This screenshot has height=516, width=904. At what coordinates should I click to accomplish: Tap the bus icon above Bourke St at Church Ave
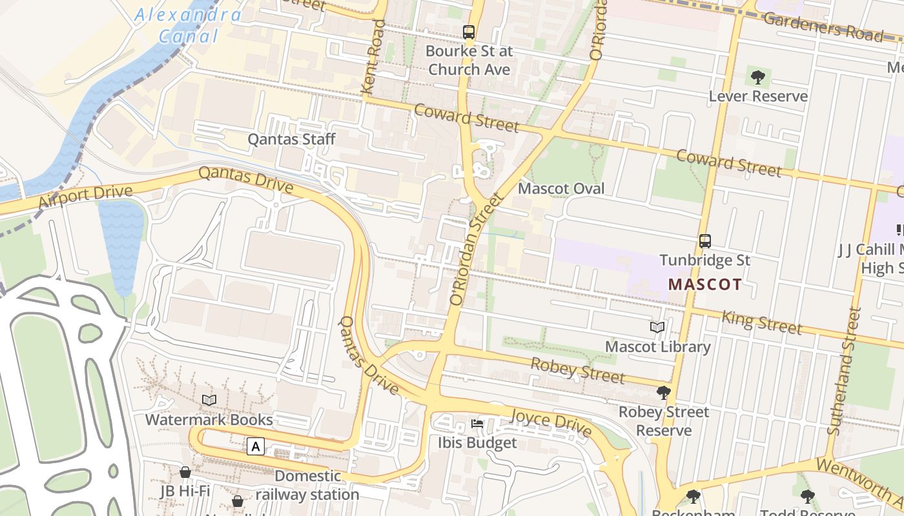click(x=469, y=32)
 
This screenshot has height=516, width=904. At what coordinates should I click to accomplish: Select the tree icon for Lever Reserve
click(x=758, y=77)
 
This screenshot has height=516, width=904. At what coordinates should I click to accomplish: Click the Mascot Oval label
click(x=562, y=188)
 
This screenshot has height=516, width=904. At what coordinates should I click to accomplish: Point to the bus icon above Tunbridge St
click(x=705, y=241)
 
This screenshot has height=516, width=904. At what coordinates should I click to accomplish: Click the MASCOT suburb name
click(x=705, y=284)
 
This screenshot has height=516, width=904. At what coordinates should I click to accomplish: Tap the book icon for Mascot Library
click(x=657, y=328)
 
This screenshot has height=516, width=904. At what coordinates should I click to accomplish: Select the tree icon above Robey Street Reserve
click(x=663, y=392)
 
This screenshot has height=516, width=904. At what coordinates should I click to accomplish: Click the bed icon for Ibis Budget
click(x=477, y=424)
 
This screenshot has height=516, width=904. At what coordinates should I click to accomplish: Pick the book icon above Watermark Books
click(x=209, y=401)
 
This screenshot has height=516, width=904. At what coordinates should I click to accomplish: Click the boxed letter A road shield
click(x=256, y=446)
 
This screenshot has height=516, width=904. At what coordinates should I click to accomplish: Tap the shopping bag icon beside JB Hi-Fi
click(x=185, y=472)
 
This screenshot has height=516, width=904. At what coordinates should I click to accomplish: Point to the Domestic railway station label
click(x=307, y=485)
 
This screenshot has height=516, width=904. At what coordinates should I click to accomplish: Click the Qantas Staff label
click(x=292, y=139)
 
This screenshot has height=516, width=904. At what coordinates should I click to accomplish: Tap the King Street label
click(x=761, y=321)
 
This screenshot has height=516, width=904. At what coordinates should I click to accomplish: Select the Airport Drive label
click(x=85, y=197)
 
